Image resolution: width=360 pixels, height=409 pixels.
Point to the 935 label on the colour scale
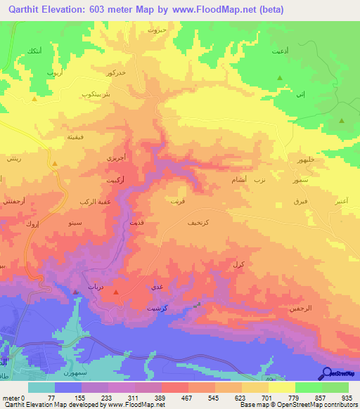pyautogui.click(x=347, y=398)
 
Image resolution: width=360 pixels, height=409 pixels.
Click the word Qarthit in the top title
pyautogui.click(x=26, y=10)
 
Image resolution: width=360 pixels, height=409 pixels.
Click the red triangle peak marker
pyautogui.click(x=117, y=292)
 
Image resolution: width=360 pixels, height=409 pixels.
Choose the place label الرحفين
pyautogui.click(x=300, y=308)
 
